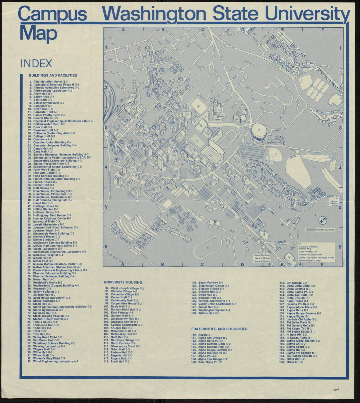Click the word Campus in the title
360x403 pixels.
click(x=53, y=14)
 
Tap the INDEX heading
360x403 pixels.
click(x=36, y=63)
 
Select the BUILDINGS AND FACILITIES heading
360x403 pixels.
click(x=53, y=76)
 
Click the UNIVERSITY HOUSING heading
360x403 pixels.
click(x=123, y=282)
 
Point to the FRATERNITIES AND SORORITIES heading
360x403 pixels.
click(x=219, y=329)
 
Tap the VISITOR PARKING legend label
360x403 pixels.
click(x=325, y=230)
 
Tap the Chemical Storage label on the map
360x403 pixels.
click(x=261, y=261)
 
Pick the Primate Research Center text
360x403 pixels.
click(x=311, y=255)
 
